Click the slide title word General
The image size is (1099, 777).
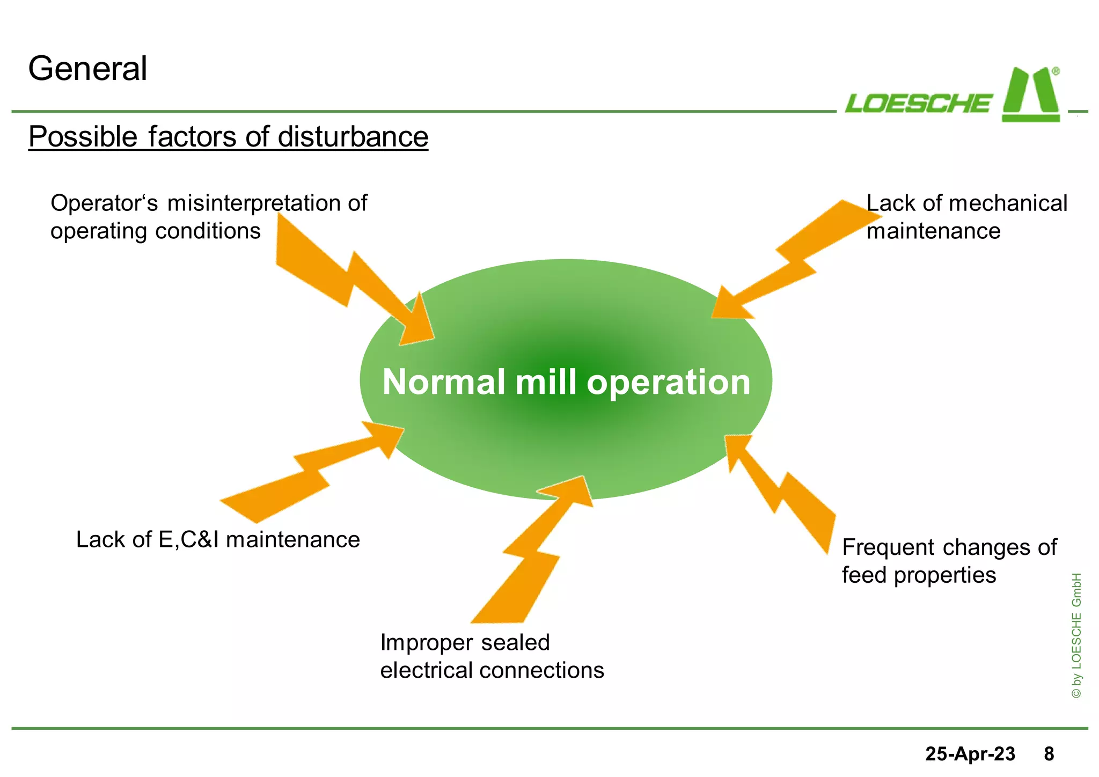pyautogui.click(x=87, y=69)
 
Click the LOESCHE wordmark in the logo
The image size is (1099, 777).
pyautogui.click(x=918, y=103)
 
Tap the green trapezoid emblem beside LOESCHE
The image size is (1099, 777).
pyautogui.click(x=1030, y=97)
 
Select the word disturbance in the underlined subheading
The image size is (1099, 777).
pyautogui.click(x=353, y=136)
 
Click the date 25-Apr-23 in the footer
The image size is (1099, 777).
pyautogui.click(x=970, y=754)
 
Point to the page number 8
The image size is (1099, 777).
pyautogui.click(x=1049, y=754)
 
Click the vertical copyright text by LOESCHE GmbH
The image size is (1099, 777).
pyautogui.click(x=1076, y=636)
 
